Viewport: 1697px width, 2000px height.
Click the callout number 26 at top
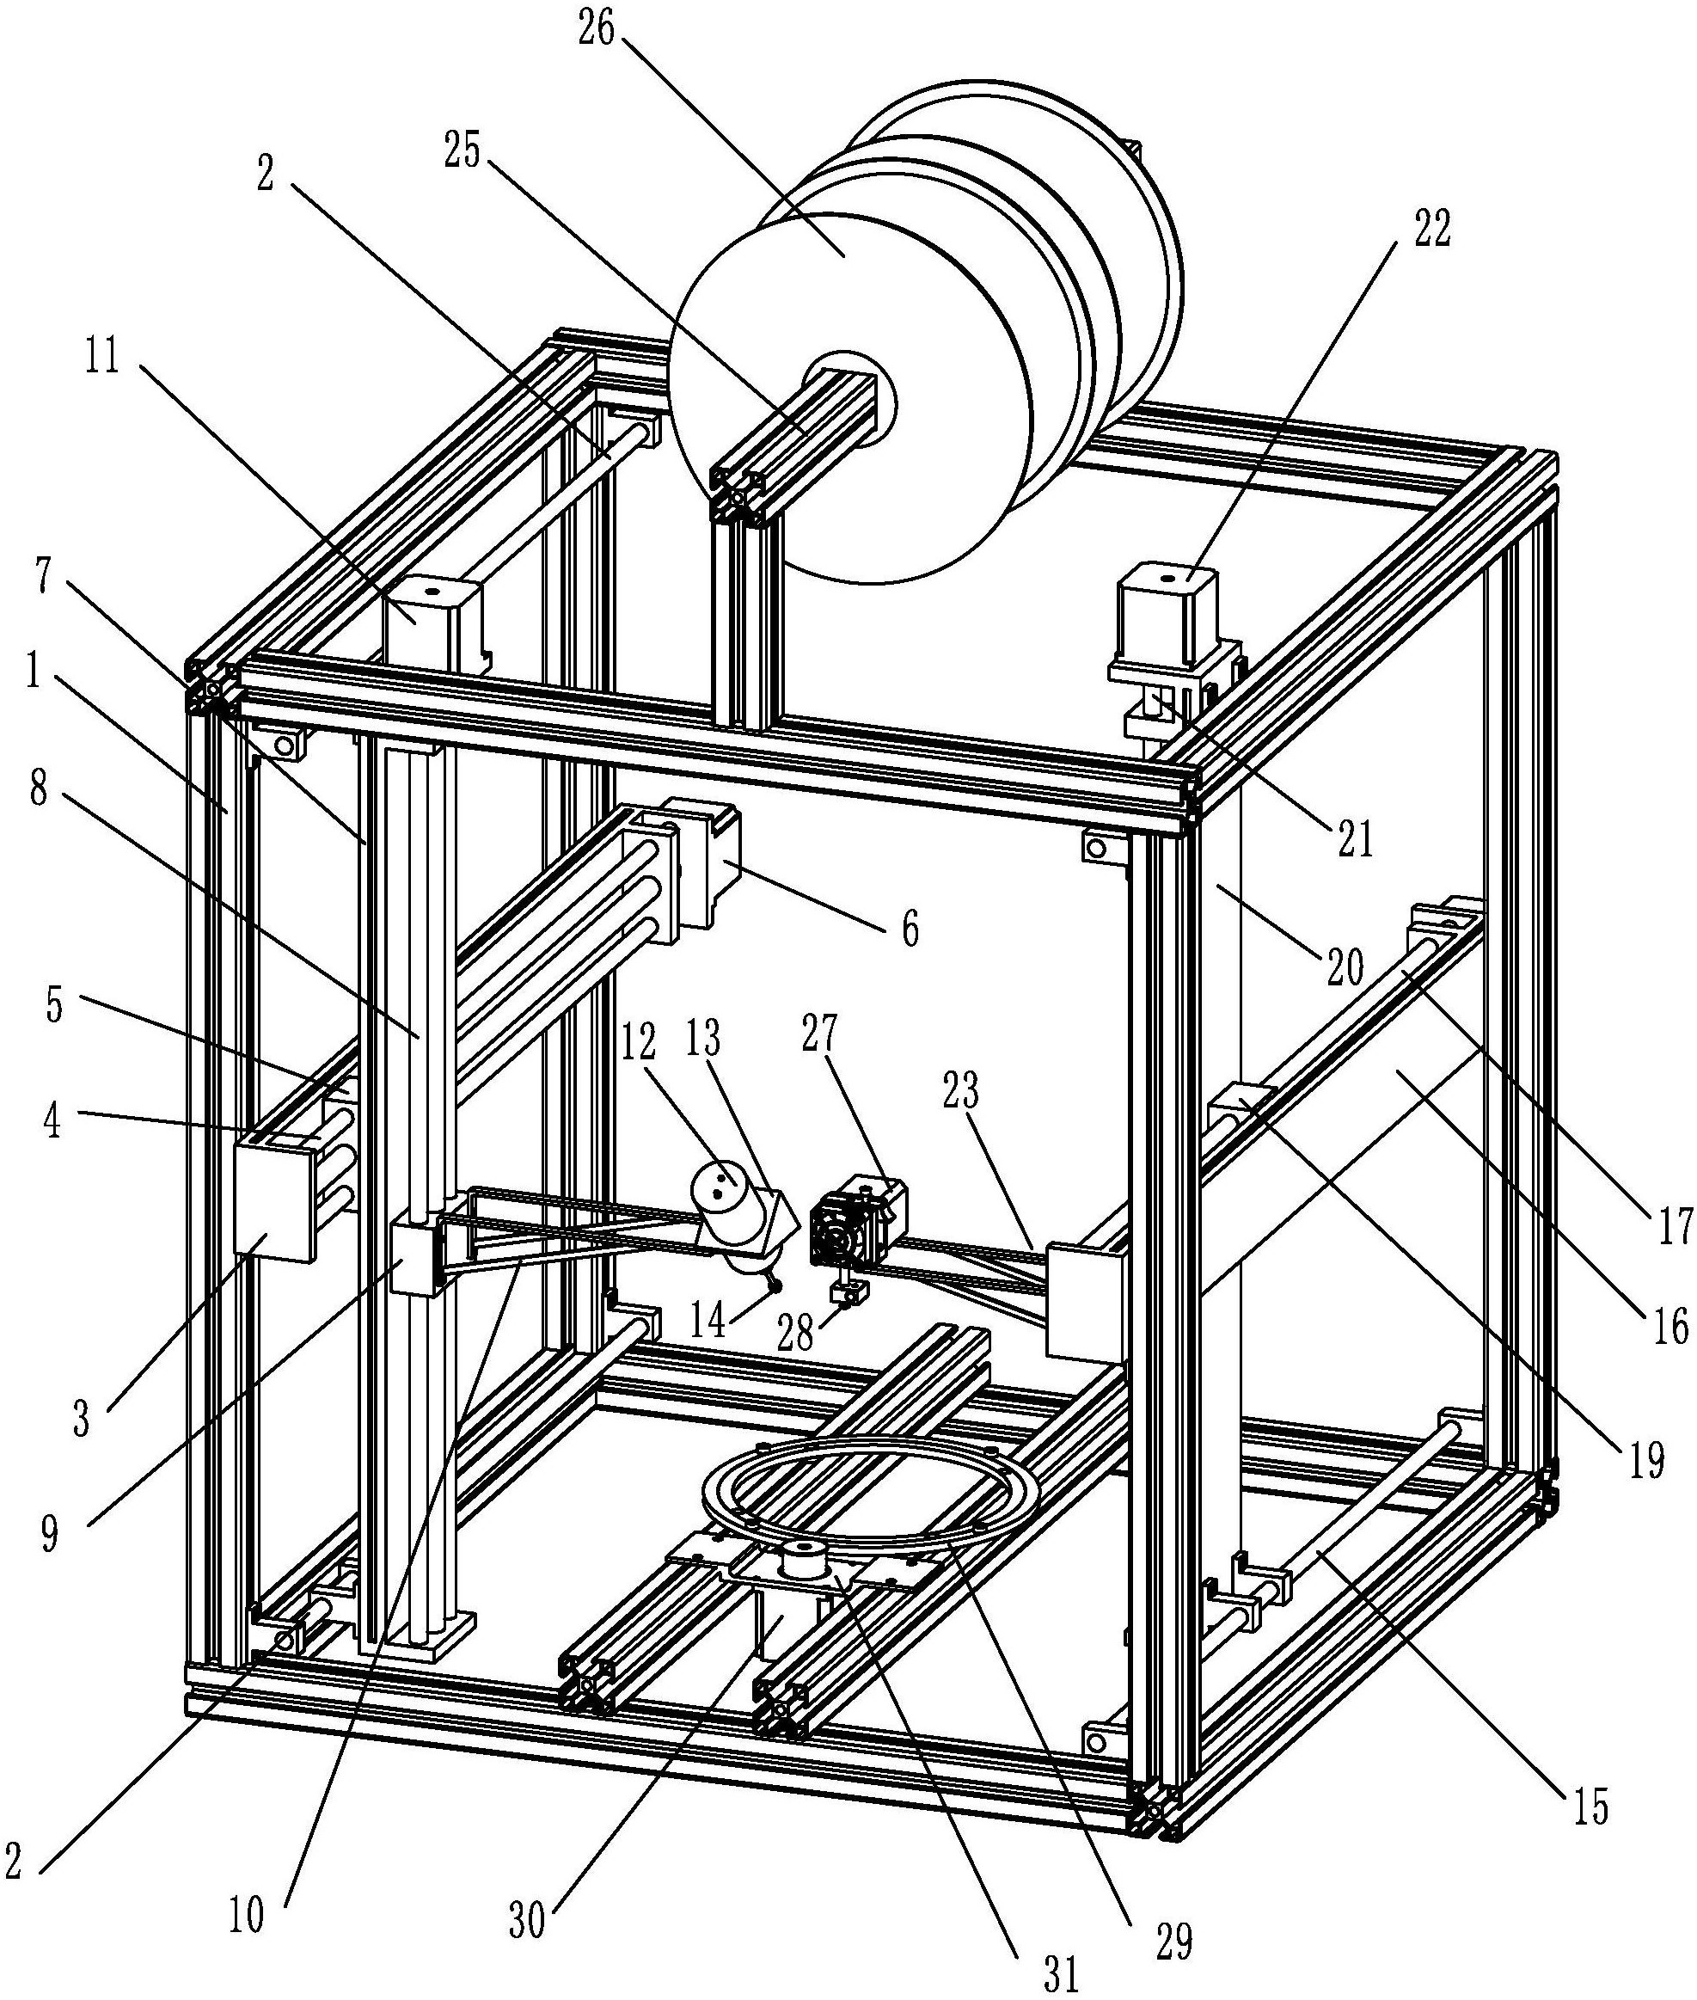click(x=597, y=30)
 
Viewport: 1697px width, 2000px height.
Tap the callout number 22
click(x=1431, y=230)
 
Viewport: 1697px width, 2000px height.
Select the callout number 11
click(x=102, y=357)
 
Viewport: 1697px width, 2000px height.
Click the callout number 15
click(x=1590, y=1808)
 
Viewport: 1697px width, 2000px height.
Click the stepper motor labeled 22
click(x=1166, y=616)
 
